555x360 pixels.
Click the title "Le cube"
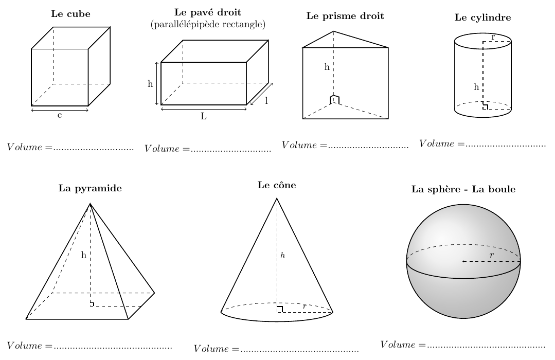[x=70, y=14]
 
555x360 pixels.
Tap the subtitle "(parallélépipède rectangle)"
[x=208, y=24]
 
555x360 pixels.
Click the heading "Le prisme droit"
[x=345, y=16]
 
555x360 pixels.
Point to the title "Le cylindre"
[x=482, y=17]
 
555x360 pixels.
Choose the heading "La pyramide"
[x=90, y=188]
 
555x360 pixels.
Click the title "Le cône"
[x=277, y=185]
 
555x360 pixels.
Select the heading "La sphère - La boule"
[x=463, y=189]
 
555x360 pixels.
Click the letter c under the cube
[x=60, y=115]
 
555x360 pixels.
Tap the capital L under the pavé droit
[x=204, y=116]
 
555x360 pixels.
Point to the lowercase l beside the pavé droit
[x=266, y=101]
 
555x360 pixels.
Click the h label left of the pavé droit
[x=150, y=84]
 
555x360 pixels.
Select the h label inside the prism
[x=326, y=67]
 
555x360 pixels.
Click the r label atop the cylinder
[x=493, y=37]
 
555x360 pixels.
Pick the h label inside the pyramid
[x=83, y=255]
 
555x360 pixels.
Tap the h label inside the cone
[x=282, y=255]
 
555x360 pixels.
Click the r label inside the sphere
[x=492, y=255]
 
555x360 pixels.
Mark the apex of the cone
[x=277, y=198]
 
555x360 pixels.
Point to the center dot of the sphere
[x=463, y=261]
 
